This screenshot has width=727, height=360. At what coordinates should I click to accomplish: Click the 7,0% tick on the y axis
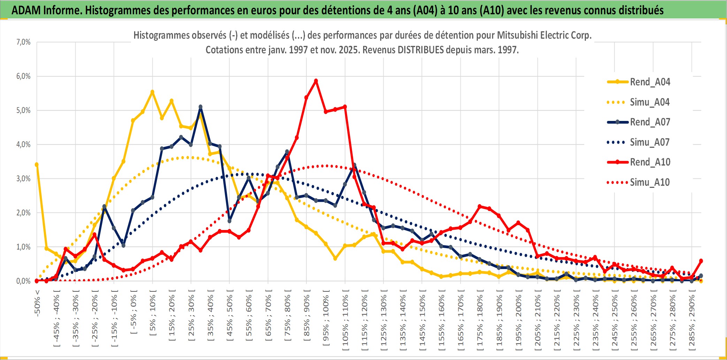tap(23, 42)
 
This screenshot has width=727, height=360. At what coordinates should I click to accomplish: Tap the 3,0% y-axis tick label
tap(23, 179)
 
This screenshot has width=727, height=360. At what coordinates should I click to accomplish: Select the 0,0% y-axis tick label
tap(23, 281)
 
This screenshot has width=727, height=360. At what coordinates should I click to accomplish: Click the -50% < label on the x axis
tap(37, 303)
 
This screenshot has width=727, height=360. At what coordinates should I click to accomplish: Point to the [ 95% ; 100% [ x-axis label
tap(326, 321)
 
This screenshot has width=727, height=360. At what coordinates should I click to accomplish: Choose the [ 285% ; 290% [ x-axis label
tap(692, 322)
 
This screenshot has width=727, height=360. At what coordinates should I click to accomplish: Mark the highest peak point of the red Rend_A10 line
tap(316, 81)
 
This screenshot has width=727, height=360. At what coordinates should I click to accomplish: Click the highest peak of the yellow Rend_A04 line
tap(152, 92)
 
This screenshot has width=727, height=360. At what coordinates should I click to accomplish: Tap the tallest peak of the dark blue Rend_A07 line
tap(200, 107)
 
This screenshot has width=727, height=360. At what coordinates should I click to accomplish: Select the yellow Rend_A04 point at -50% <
tap(37, 164)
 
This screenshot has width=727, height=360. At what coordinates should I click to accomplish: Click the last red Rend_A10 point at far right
tap(701, 261)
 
